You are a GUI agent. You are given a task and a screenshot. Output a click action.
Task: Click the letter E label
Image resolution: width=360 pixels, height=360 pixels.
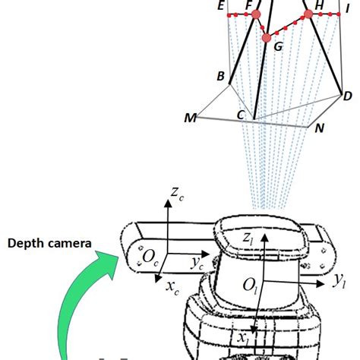pos(220,7)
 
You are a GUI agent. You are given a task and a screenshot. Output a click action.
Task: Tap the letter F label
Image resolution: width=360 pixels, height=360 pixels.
pos(248,6)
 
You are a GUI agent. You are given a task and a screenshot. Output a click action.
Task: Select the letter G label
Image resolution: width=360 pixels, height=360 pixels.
pos(278,47)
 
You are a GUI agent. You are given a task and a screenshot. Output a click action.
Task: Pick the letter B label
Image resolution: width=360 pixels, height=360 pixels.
pos(220,77)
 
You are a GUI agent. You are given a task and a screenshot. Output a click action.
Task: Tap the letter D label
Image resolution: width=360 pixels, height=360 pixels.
pos(347,96)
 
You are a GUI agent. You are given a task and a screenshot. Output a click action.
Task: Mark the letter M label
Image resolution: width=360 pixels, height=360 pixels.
pos(190,118)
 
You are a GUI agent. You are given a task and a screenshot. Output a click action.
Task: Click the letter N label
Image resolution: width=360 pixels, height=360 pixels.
pos(321,128)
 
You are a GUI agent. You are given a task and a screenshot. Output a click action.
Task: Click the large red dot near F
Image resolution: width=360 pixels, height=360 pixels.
pos(256,14)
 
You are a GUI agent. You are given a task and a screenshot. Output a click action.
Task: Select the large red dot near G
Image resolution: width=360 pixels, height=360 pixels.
pos(266,37)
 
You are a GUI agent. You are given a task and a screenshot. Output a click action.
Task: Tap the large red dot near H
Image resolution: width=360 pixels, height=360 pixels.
pos(308,14)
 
